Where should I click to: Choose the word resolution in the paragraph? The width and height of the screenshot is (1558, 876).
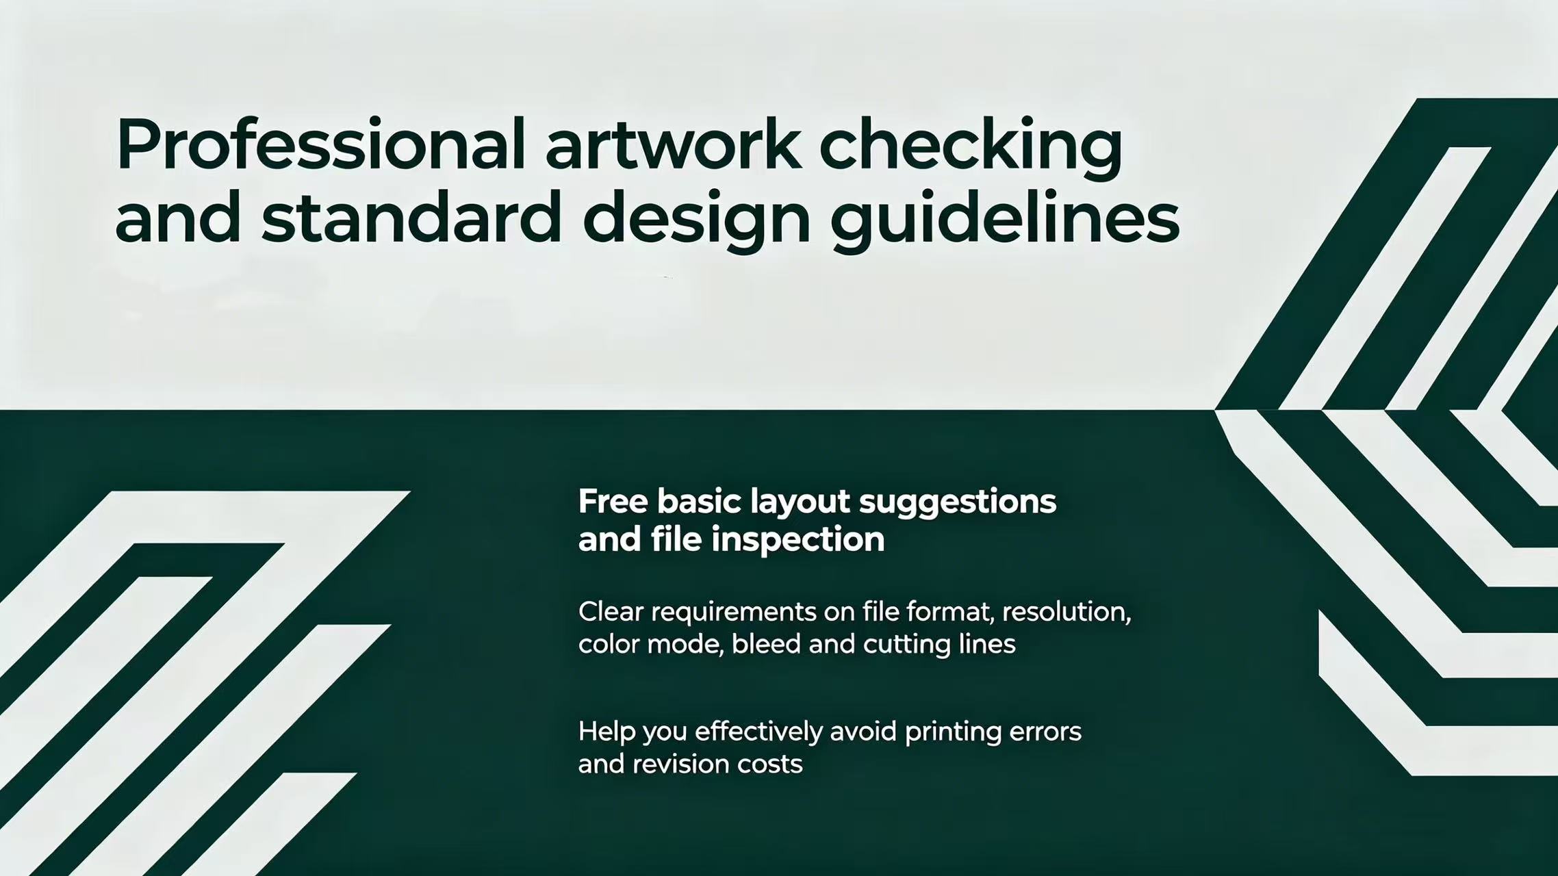point(1067,612)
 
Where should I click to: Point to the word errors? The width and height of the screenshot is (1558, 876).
point(1046,732)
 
